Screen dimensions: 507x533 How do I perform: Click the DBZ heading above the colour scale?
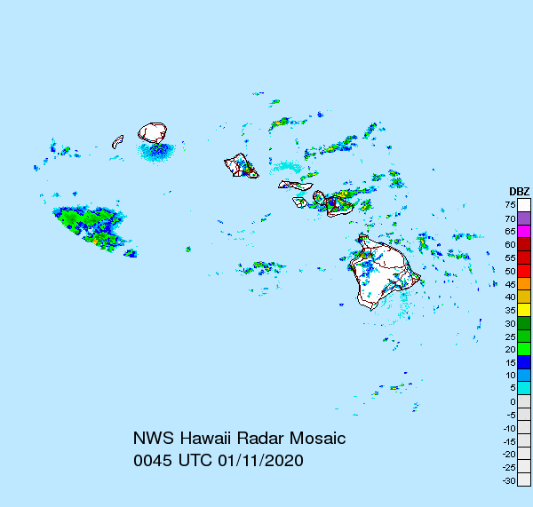pos(519,192)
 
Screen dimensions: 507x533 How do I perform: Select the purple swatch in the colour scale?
pos(524,218)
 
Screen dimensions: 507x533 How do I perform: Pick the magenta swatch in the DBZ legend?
pos(524,231)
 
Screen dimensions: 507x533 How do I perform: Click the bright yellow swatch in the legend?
pos(524,310)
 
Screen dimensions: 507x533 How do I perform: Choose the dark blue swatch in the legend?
pos(524,362)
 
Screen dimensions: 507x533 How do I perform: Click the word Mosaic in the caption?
pos(314,439)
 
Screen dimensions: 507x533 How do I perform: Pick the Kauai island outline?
pos(153,132)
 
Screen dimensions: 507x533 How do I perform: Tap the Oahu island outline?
pos(239,165)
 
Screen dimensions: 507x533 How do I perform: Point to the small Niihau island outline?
pos(117,140)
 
